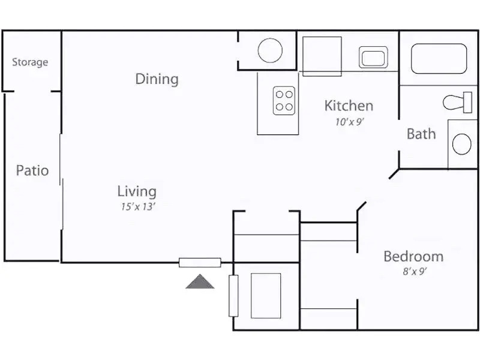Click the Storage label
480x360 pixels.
[30, 62]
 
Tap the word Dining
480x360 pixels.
[157, 79]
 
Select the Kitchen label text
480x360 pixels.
[349, 106]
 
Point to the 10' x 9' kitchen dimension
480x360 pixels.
[350, 121]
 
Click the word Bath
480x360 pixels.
[421, 134]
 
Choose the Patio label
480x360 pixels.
[32, 171]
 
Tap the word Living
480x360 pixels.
[137, 192]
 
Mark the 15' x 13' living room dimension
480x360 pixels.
[139, 207]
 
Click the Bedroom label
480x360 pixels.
[413, 257]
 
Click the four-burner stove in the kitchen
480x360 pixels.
[284, 101]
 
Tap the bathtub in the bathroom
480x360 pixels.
[439, 58]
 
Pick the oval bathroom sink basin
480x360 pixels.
[461, 144]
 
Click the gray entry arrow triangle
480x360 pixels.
[200, 282]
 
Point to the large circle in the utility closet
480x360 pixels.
[270, 50]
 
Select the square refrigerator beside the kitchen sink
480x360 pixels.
[322, 56]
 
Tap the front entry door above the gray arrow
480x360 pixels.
[200, 262]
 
